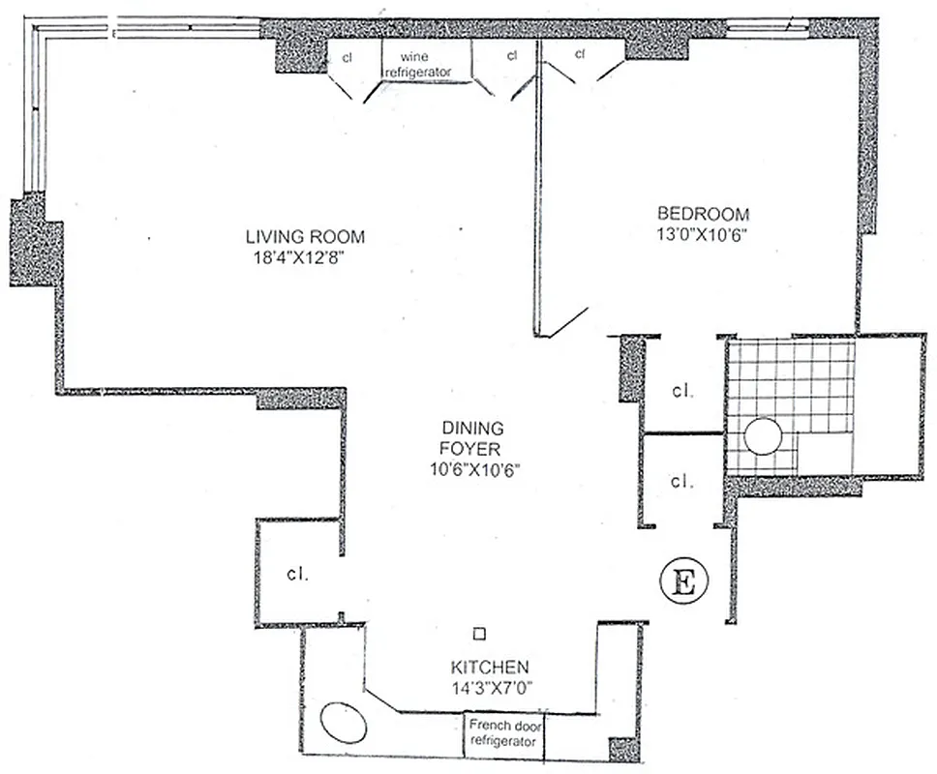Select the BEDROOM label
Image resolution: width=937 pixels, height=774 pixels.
[703, 214]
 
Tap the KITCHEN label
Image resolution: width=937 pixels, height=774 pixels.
[489, 668]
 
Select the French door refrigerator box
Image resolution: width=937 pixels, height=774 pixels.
[502, 733]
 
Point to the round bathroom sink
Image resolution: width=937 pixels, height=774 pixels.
[762, 436]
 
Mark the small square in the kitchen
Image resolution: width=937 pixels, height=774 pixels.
[478, 634]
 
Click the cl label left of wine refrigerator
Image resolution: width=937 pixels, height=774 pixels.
[348, 57]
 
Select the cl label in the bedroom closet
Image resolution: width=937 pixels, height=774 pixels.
[581, 54]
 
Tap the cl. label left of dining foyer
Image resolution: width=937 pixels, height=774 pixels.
[297, 574]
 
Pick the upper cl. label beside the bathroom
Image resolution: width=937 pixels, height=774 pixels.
[683, 392]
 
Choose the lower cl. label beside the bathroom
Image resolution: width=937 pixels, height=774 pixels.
[683, 480]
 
